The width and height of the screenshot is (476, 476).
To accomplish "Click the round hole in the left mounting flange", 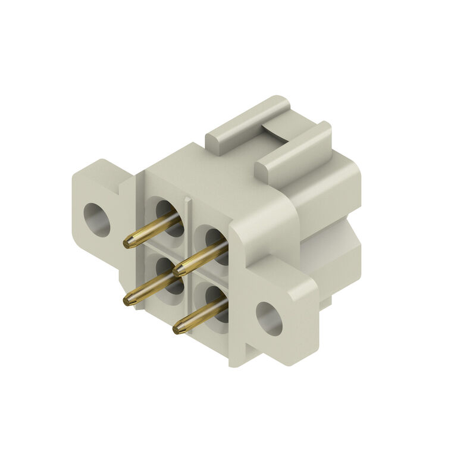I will coord(97,220).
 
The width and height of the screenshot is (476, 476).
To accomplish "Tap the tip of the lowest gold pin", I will coord(178,328).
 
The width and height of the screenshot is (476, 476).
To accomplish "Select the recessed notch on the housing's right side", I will coord(330,250).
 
